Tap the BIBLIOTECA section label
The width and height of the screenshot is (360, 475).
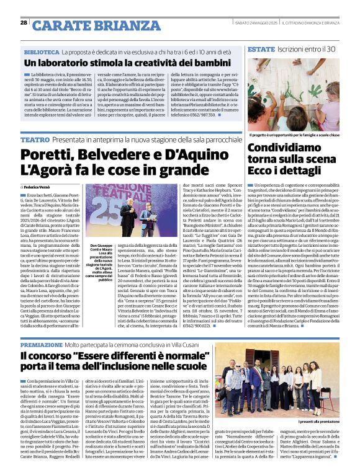(42, 53)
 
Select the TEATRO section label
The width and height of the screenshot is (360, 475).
(35, 141)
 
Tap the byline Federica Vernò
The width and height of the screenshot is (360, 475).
(38, 186)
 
